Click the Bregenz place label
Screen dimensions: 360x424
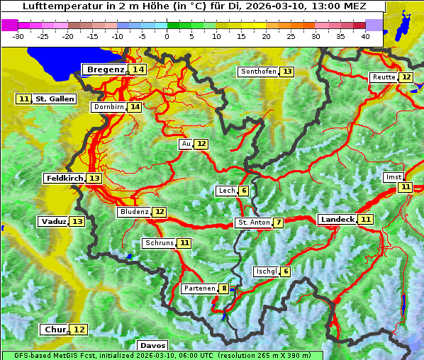[105, 69]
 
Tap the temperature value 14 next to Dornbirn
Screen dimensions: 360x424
[135, 107]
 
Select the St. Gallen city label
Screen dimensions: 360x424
[55, 99]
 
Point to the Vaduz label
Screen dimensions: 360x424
[53, 221]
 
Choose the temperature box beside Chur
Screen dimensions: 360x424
[79, 330]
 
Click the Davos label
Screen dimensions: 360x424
[152, 345]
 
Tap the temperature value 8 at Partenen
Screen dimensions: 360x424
[224, 288]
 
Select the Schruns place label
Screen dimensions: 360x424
[159, 243]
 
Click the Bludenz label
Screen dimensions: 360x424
[134, 212]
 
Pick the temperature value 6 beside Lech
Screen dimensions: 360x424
[244, 191]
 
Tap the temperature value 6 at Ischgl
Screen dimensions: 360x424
[285, 271]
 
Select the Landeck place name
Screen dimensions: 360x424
[337, 220]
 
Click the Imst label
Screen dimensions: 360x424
[393, 177]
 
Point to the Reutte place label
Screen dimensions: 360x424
[384, 77]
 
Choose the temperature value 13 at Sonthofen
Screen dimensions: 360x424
[287, 72]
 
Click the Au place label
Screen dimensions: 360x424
[186, 144]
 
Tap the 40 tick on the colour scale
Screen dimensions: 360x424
[364, 35]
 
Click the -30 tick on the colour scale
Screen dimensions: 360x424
[18, 35]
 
